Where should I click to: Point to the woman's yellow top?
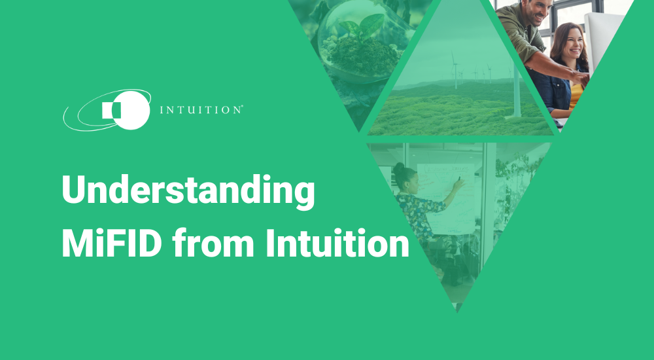coord(576,92)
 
